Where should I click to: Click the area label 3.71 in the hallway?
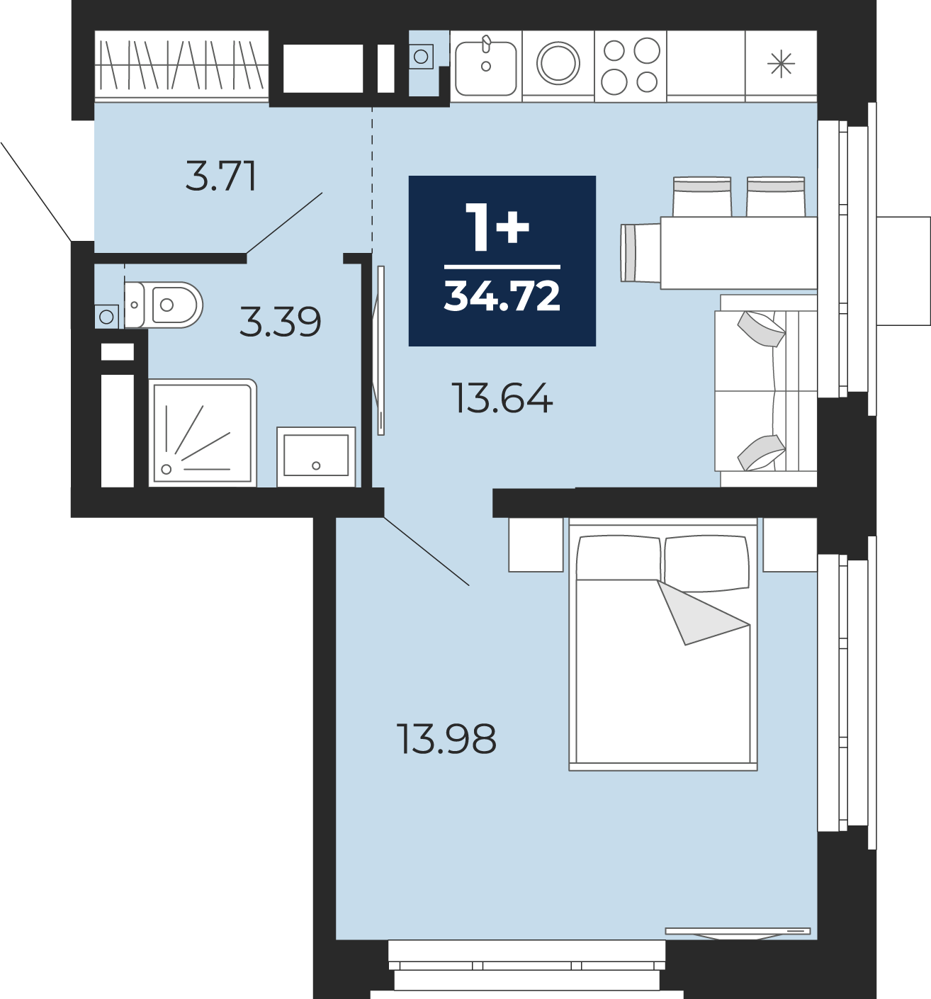(x=221, y=176)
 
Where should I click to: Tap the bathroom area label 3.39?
(x=280, y=322)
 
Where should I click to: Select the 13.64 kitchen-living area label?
(x=502, y=398)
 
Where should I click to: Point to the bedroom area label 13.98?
(x=446, y=738)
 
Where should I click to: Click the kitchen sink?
(x=485, y=67)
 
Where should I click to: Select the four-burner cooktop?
(x=631, y=66)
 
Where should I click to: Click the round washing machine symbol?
(x=558, y=64)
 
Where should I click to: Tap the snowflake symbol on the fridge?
(x=781, y=65)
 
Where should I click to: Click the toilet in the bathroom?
(x=163, y=305)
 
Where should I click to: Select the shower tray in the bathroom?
(x=203, y=433)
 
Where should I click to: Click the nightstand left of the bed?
(x=536, y=544)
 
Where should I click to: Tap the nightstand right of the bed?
(x=789, y=544)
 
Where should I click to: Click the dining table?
(x=738, y=252)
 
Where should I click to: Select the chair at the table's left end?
(x=641, y=252)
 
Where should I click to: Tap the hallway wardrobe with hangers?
(x=181, y=66)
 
